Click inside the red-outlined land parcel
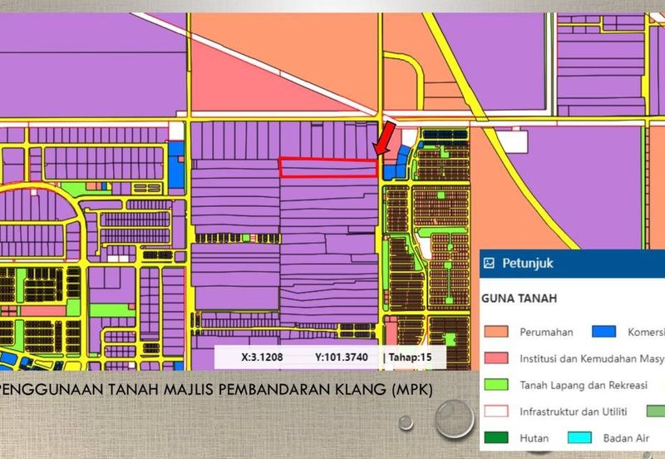point(328,168)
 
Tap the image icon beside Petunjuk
point(490,264)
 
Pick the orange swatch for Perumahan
point(496,333)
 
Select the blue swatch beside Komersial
point(604,333)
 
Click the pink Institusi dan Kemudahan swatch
point(496,359)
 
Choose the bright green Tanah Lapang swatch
point(496,385)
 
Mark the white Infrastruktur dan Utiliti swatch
point(496,411)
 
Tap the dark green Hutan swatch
point(496,437)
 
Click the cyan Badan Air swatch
point(579,437)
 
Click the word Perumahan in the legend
point(546,333)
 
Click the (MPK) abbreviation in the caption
point(411,390)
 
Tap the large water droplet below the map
point(455,417)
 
